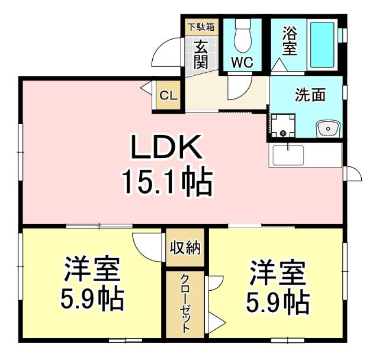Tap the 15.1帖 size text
(166, 183)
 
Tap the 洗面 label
(310, 95)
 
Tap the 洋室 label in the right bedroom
(277, 273)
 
